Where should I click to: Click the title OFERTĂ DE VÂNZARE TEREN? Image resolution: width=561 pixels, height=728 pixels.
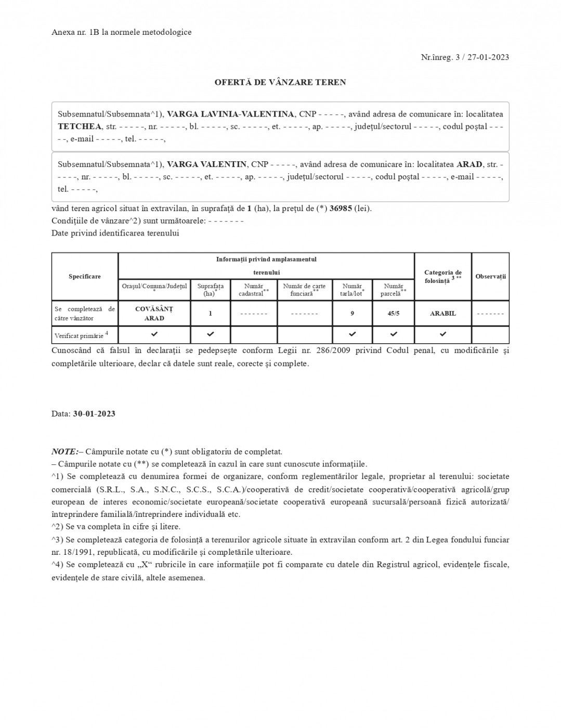[280, 82]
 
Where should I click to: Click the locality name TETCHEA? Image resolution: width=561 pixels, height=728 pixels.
[80, 126]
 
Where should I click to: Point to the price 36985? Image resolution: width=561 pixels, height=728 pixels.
[341, 209]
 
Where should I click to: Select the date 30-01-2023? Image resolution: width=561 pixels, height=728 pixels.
[94, 414]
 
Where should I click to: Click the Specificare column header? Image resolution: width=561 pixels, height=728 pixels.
[85, 277]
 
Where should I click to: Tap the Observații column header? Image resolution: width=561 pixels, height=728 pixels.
[490, 277]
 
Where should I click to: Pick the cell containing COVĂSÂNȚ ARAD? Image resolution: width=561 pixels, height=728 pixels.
[154, 314]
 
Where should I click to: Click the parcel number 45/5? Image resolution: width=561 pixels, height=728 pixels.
[394, 314]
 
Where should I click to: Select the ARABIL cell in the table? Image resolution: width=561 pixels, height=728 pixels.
[442, 314]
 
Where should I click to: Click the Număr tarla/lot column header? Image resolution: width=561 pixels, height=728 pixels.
[352, 290]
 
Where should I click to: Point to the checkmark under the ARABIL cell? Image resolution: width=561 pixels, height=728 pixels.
[442, 334]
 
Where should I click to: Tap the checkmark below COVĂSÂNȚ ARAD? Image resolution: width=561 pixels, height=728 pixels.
[154, 334]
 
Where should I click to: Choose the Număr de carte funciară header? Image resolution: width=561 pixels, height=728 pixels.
[304, 290]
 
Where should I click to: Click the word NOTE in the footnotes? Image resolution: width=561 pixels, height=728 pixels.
[64, 451]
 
